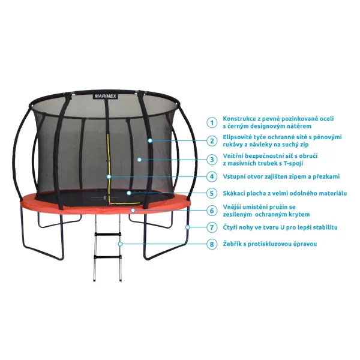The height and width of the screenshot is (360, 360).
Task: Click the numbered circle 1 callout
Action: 211,122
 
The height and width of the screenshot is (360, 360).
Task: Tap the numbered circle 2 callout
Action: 211,141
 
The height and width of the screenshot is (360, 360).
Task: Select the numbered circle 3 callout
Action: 211,159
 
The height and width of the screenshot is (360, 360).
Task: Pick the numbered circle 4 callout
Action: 211,176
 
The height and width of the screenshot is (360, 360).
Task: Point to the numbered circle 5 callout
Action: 211,193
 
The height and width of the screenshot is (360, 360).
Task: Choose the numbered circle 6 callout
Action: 211,211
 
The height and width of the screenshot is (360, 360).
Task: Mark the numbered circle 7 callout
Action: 211,227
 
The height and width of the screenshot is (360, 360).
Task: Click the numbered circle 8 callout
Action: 211,244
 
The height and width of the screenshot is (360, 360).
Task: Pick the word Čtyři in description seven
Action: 232,227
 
